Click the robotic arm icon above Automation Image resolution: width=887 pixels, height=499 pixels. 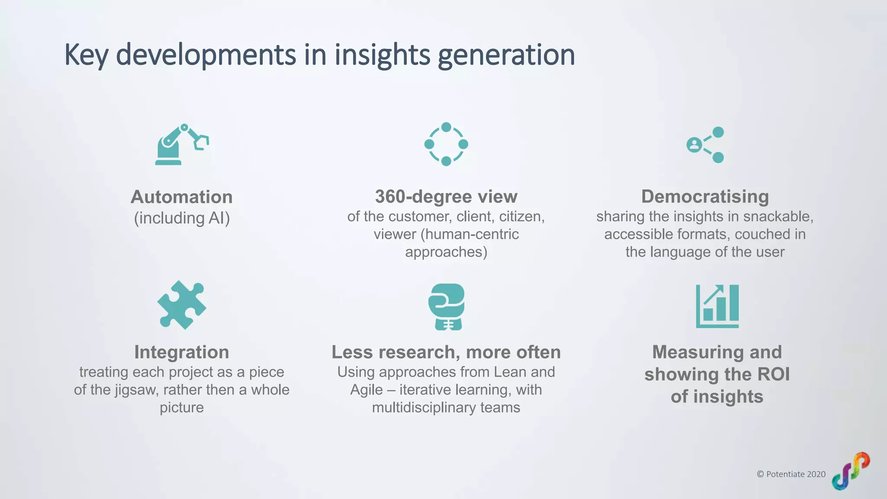pos(181,144)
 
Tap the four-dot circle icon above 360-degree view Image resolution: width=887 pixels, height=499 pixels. pos(446,144)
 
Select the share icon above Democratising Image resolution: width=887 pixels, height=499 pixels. pos(706,145)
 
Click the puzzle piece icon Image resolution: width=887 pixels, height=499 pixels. pos(181,305)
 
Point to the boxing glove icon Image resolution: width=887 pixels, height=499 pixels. pos(447,307)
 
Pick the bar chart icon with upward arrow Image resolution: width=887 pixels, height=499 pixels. pos(717,306)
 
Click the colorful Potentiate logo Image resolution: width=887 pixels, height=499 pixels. pos(851,471)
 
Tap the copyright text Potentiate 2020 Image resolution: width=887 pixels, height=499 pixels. pos(791,474)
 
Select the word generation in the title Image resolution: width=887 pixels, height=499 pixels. pos(506,55)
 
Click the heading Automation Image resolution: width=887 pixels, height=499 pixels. pos(181,197)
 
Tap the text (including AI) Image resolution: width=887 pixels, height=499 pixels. pos(181,218)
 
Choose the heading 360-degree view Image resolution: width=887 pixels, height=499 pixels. pos(446,197)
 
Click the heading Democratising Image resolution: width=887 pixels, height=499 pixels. pos(705,197)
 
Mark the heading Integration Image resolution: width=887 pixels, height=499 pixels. pos(181,352)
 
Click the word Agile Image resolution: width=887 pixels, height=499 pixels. pos(366,390)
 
